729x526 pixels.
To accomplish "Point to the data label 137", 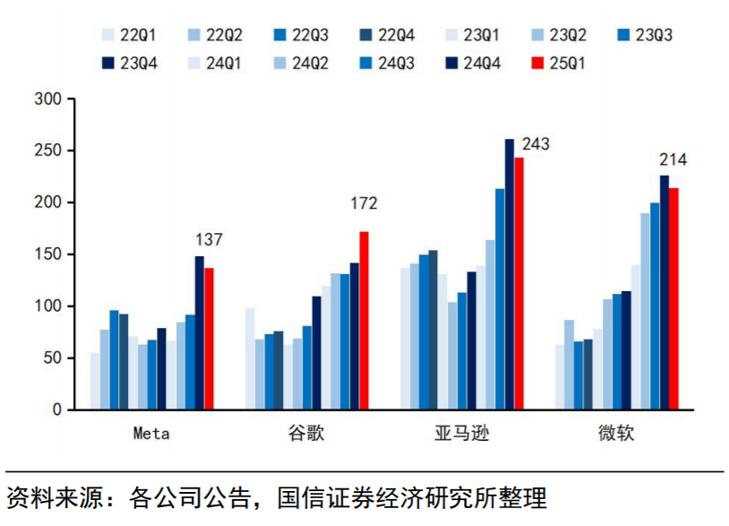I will tap(209, 240).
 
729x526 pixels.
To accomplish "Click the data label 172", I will tap(363, 203).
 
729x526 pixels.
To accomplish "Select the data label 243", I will tap(536, 143).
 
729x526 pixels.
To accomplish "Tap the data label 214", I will tap(673, 160).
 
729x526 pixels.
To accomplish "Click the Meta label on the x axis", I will tap(151, 435).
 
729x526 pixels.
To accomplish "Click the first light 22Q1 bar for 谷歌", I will tap(250, 358).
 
